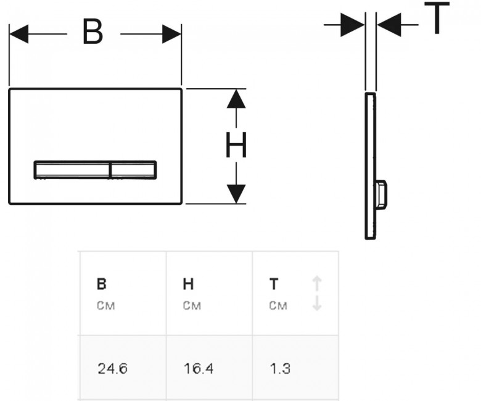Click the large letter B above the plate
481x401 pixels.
click(x=92, y=32)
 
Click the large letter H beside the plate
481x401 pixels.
click(x=236, y=145)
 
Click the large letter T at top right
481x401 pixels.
click(x=437, y=17)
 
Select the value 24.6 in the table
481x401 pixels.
click(x=112, y=368)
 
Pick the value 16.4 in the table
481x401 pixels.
click(x=199, y=368)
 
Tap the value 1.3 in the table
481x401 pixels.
click(x=280, y=368)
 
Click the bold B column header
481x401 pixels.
click(x=102, y=284)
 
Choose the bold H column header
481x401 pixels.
click(x=188, y=284)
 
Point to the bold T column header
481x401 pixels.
click(x=274, y=284)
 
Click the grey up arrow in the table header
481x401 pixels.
click(x=317, y=284)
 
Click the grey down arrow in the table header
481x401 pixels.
click(x=317, y=303)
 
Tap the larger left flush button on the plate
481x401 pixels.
click(x=72, y=170)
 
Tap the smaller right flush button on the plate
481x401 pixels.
click(x=133, y=170)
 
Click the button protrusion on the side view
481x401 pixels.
click(x=380, y=195)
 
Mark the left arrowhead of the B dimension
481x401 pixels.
click(x=18, y=34)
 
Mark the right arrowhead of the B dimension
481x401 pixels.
click(x=172, y=34)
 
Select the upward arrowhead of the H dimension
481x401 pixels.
click(x=236, y=99)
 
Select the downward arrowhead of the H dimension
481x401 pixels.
click(x=236, y=194)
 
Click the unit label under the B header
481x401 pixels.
click(x=106, y=305)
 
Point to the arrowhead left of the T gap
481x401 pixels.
click(x=353, y=25)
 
